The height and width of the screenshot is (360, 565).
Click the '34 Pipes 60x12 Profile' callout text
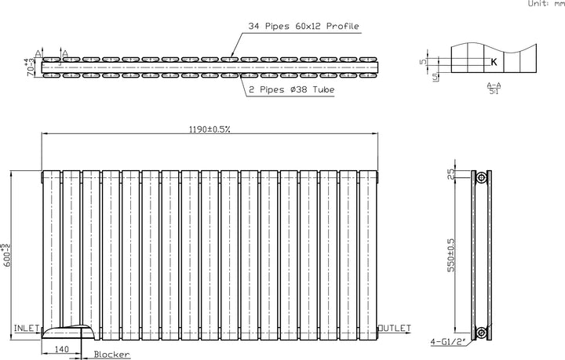pos(303,27)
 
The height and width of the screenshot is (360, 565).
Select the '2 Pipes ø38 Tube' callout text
pos(291,90)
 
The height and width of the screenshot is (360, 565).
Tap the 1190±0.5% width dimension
pos(208,129)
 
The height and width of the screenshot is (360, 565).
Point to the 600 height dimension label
pos(7,248)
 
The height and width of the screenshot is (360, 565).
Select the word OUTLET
pos(393,327)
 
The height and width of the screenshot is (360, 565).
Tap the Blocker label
pos(111,355)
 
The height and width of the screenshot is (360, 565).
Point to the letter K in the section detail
pos(494,61)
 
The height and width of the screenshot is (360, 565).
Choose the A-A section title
pos(494,84)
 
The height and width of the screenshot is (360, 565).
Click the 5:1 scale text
pos(494,92)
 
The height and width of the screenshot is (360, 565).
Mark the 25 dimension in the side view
pos(450,174)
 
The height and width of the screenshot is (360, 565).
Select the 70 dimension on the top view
pos(30,66)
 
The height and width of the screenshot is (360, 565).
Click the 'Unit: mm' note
pos(545,5)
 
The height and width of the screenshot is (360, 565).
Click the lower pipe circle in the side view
pos(482,333)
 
